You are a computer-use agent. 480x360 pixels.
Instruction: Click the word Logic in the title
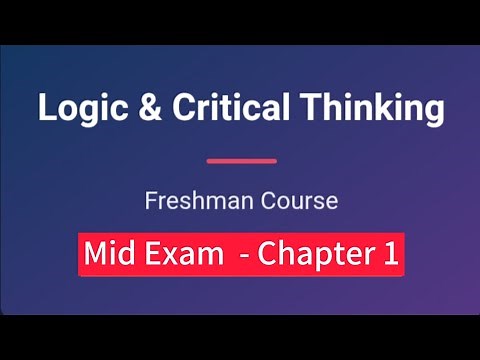75,108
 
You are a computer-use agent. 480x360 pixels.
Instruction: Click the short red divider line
241,160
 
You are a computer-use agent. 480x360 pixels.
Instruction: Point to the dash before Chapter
244,256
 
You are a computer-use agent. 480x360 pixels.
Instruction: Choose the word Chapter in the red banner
314,255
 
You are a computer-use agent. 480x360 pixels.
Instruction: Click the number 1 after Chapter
389,254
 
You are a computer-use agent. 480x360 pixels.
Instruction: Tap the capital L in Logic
45,108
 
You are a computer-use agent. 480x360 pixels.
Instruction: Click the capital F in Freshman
150,201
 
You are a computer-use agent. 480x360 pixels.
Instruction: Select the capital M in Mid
98,254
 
